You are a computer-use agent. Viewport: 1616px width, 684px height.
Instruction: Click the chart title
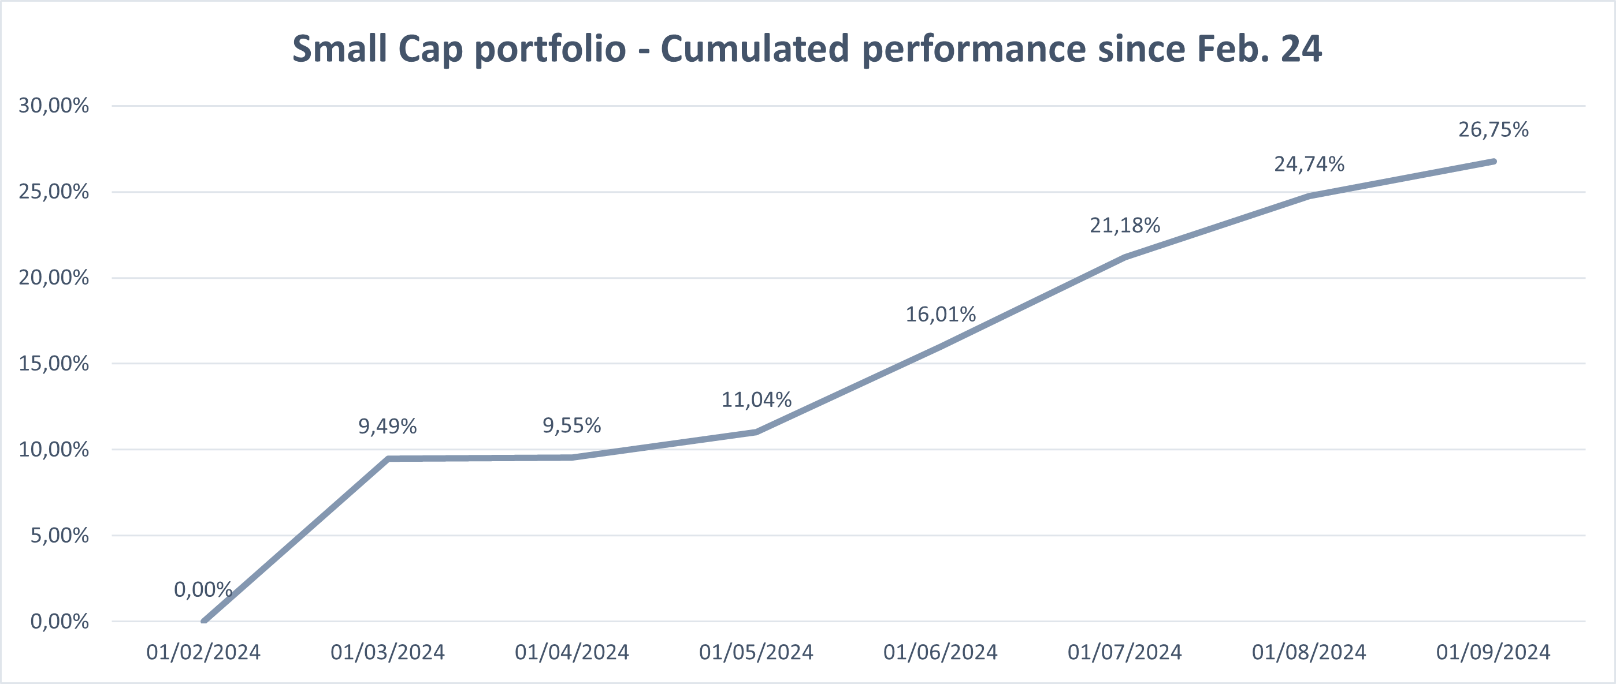(x=807, y=49)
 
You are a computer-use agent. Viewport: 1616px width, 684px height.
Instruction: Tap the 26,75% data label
(x=1493, y=130)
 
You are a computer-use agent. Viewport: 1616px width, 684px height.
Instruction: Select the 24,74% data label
(x=1309, y=165)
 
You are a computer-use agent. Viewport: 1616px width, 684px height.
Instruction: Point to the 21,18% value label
(x=1125, y=225)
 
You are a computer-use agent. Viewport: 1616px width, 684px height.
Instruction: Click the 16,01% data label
(x=941, y=314)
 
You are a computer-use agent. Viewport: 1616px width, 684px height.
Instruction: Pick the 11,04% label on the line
(x=756, y=399)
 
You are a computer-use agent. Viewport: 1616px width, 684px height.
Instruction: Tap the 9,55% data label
(x=571, y=426)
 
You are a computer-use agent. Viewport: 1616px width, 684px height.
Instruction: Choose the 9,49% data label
(x=387, y=427)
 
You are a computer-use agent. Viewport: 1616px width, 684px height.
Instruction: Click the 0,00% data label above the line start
(x=203, y=589)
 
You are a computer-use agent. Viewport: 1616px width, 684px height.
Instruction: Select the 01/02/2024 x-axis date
(x=203, y=652)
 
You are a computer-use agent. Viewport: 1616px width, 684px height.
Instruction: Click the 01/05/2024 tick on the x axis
(x=756, y=652)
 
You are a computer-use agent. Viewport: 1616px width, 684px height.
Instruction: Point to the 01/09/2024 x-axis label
(x=1493, y=652)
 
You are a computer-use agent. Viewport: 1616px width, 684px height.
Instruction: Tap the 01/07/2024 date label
(x=1125, y=652)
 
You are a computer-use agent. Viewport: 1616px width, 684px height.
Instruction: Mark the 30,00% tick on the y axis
(x=53, y=105)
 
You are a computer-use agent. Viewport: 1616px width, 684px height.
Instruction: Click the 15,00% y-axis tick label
(x=53, y=364)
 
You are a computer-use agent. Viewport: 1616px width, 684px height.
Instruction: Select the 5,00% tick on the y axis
(x=60, y=536)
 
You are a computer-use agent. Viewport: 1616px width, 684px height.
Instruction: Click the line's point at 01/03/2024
(x=388, y=458)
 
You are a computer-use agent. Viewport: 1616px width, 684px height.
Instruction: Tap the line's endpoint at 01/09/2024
(x=1493, y=162)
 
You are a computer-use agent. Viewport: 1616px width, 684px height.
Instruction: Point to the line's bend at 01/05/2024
(x=756, y=432)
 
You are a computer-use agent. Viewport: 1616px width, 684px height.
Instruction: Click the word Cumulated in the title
(x=754, y=49)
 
